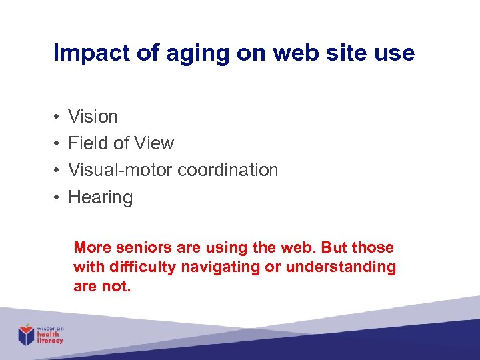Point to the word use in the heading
tap(395, 53)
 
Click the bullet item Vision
tap(93, 117)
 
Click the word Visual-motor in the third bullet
tap(121, 170)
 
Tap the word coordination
tap(228, 170)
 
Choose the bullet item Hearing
tap(100, 198)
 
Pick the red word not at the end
tap(117, 286)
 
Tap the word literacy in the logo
tap(51, 340)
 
